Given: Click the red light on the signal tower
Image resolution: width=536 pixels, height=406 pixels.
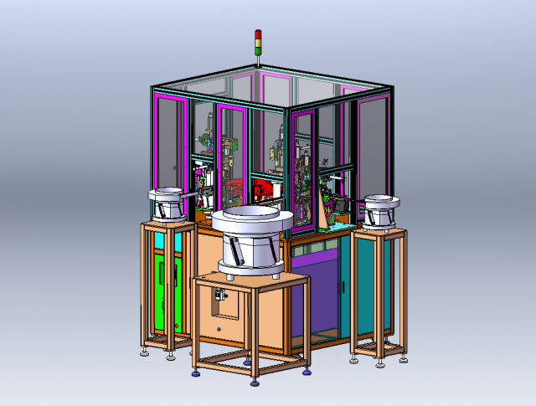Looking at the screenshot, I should (x=259, y=35).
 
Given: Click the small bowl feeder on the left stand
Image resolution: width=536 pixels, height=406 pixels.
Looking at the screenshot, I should (x=167, y=203).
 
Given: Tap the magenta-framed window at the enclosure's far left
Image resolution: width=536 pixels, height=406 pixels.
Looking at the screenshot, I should (x=172, y=142).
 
